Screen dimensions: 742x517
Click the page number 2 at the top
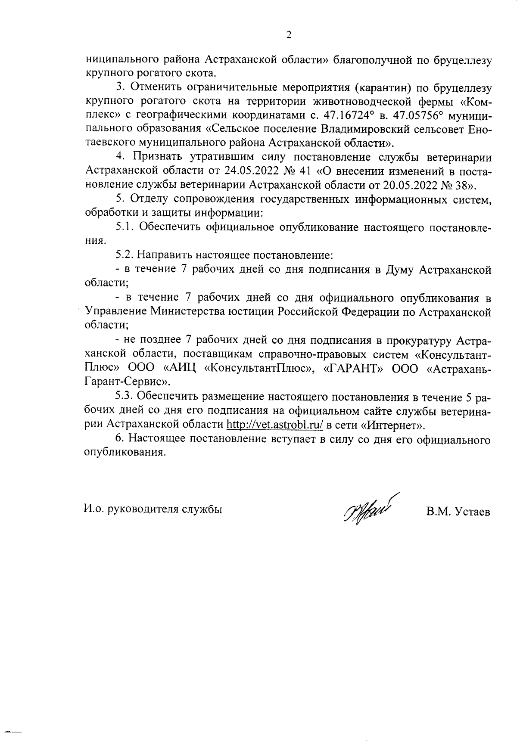click(x=289, y=35)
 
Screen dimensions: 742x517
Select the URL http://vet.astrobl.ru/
click(x=275, y=425)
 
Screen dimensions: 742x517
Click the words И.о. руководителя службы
click(x=153, y=509)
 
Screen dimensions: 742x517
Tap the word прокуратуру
click(x=417, y=340)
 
